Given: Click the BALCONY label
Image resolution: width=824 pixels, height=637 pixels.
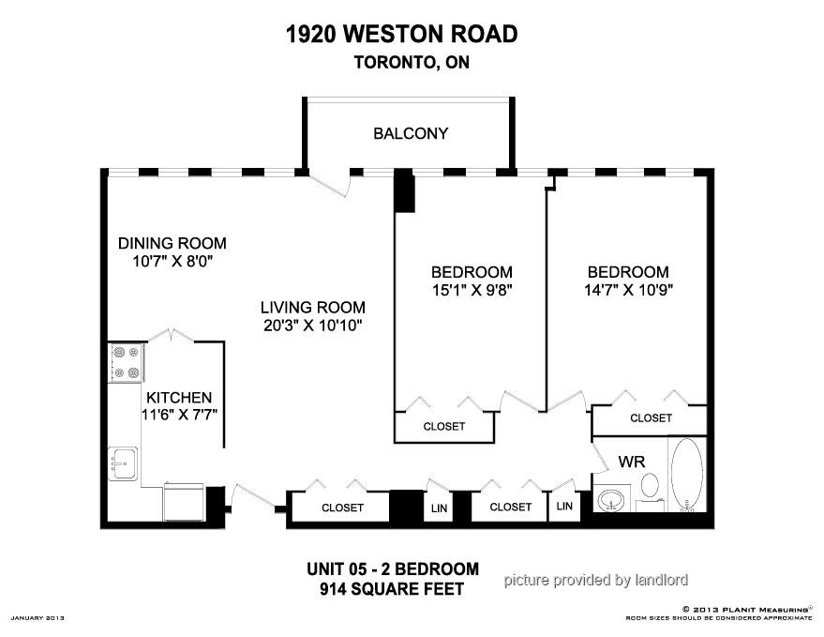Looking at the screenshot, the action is (411, 133).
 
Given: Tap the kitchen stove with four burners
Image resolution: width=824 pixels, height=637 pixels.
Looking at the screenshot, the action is (127, 362).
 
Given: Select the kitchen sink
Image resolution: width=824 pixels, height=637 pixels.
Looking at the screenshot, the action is (123, 463).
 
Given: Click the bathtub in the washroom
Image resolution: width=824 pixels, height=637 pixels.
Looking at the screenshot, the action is (687, 475).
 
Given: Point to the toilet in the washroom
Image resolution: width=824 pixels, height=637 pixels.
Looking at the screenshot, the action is (650, 492).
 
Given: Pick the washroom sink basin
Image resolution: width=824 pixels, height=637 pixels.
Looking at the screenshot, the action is (611, 499).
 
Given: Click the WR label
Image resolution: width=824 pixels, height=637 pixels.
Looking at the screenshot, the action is (632, 462).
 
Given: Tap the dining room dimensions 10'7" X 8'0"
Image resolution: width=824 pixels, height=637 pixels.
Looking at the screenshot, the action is (172, 261).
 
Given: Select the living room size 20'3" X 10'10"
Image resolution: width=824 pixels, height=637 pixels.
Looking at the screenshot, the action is (313, 326).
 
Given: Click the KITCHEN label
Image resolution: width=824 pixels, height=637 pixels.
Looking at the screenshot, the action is (179, 397).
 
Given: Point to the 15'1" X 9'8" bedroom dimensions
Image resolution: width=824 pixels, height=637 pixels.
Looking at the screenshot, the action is (472, 290).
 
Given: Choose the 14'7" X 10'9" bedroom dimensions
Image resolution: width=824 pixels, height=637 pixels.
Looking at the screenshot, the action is (628, 290).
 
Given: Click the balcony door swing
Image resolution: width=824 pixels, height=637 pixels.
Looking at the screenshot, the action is (330, 184).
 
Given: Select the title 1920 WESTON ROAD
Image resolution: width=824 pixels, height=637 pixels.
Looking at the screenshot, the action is (402, 34).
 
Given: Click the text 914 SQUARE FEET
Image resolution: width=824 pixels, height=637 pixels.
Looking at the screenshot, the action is (392, 588).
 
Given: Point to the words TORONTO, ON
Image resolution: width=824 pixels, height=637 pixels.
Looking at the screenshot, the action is (412, 62).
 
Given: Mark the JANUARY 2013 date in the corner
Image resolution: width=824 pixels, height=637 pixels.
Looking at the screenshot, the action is (37, 618).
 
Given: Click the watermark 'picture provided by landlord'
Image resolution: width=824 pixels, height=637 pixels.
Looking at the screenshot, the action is (596, 580).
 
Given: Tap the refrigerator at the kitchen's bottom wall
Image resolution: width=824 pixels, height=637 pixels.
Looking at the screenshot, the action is (184, 501).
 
